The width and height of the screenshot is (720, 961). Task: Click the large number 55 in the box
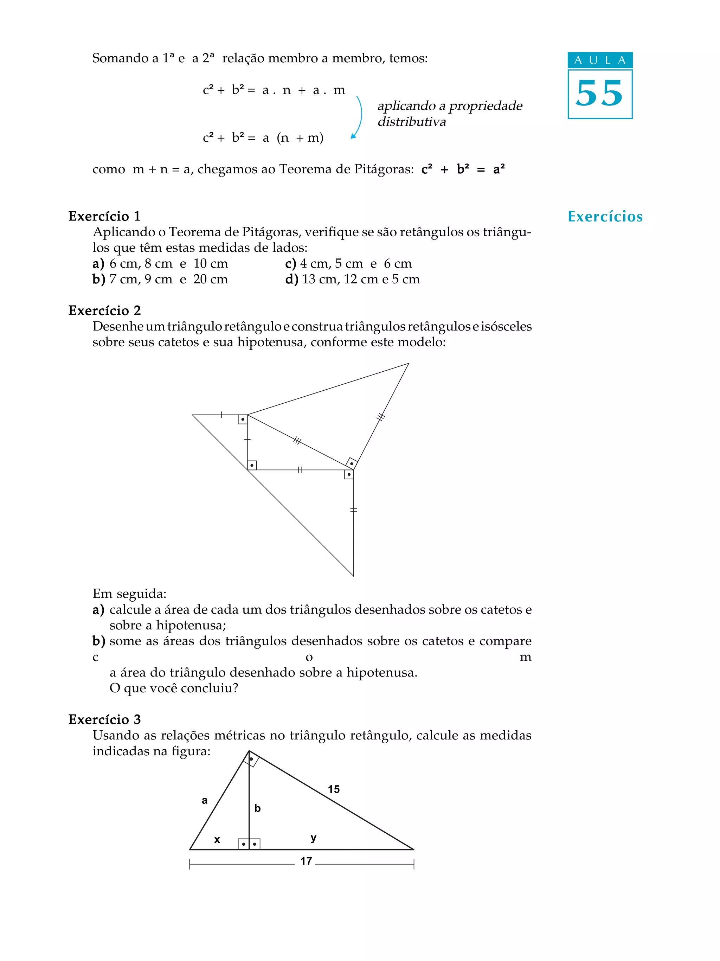(599, 94)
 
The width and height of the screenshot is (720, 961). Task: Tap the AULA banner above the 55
(600, 60)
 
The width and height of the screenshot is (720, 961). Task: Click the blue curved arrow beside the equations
(358, 116)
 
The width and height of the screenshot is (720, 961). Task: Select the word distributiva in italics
(411, 122)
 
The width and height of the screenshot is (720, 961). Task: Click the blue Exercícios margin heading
(605, 216)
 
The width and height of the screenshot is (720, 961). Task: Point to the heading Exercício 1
(104, 216)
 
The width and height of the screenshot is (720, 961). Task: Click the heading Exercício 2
(104, 310)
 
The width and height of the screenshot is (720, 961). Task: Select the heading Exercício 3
(104, 719)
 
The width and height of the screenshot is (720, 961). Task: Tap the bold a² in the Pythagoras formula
(499, 169)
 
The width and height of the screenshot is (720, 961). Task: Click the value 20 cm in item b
(210, 279)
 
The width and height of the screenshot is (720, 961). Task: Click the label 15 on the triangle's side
(334, 789)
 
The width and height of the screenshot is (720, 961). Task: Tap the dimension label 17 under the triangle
(306, 861)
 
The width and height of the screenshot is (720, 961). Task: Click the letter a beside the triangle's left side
(205, 800)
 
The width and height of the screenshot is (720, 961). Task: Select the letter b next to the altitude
(257, 808)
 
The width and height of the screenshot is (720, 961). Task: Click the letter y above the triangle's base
(313, 838)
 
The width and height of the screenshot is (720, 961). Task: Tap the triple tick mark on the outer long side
(380, 417)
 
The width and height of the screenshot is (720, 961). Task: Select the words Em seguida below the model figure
(129, 594)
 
